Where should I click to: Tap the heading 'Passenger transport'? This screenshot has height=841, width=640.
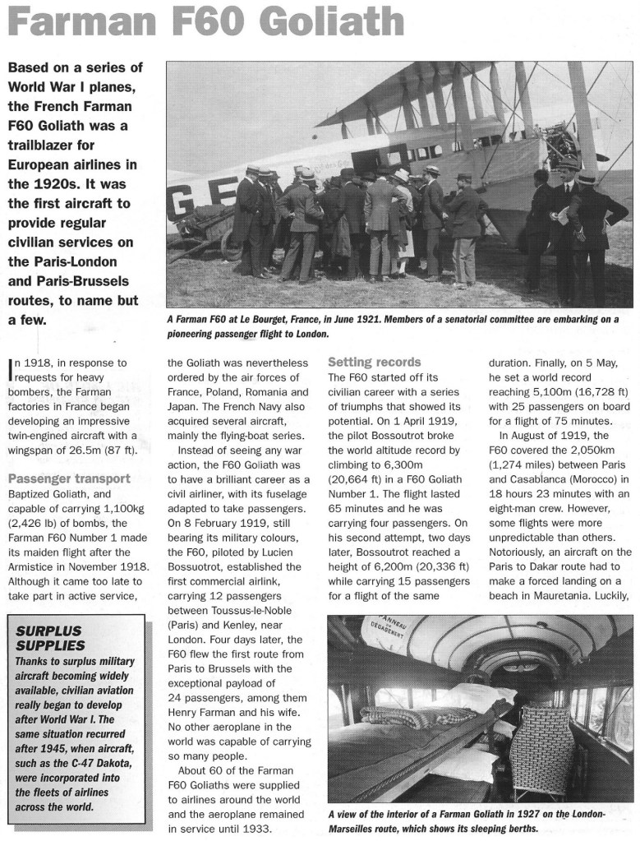click(69, 478)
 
